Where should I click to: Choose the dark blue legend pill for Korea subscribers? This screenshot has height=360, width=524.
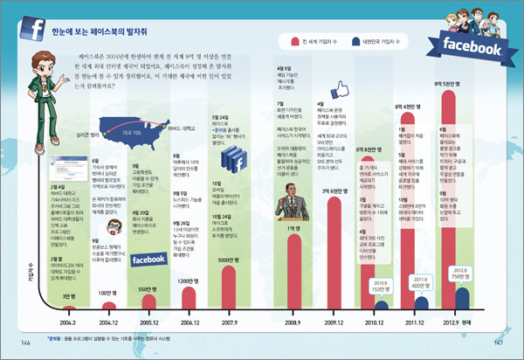coord(355,41)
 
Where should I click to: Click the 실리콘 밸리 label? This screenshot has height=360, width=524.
coord(88,136)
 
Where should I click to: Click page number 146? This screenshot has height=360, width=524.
coord(26,342)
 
